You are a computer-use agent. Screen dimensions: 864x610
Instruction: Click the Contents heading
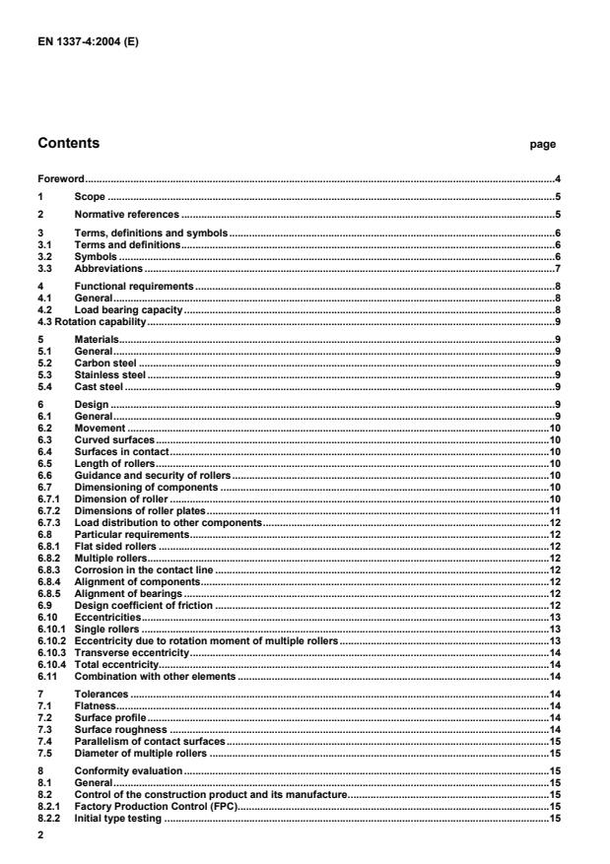(68, 144)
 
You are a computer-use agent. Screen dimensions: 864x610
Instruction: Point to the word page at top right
(543, 145)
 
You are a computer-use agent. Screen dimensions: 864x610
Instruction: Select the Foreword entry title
(60, 179)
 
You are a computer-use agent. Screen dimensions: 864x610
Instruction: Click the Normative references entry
(126, 214)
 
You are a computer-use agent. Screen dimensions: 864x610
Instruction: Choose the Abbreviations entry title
(108, 268)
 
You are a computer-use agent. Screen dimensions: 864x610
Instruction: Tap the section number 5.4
(44, 387)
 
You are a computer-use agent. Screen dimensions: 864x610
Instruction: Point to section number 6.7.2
(48, 511)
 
